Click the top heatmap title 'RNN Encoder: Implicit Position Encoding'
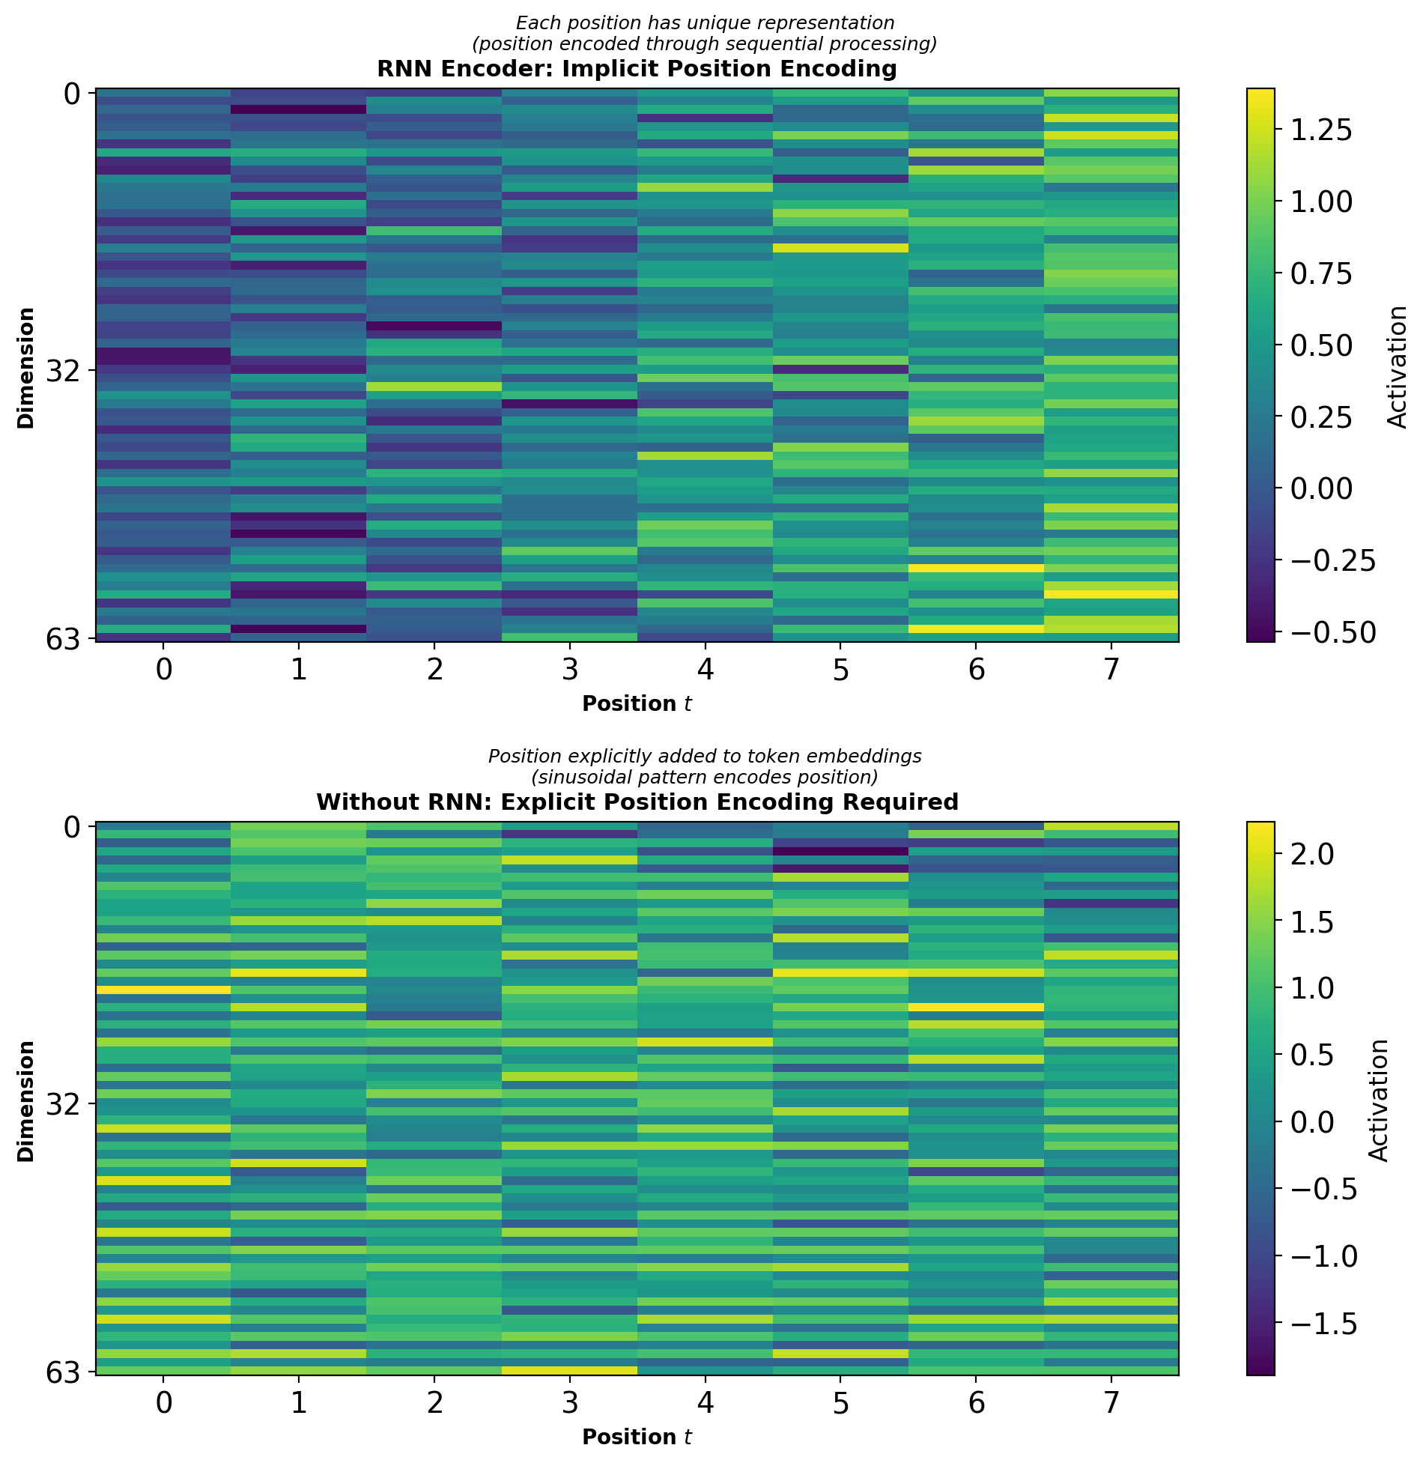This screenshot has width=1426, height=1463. point(637,69)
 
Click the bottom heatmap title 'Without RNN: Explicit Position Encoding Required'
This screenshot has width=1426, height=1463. point(637,802)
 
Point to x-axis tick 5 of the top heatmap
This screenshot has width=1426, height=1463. point(840,670)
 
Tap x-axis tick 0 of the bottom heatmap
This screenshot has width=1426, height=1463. point(163,1402)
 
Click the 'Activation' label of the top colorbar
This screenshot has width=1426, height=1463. point(1397,367)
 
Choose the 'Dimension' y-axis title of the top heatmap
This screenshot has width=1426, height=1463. point(27,367)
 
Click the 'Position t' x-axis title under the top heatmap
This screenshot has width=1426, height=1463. point(637,704)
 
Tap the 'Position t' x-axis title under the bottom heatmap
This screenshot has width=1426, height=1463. point(637,1437)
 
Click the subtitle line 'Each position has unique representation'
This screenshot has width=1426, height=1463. point(705,23)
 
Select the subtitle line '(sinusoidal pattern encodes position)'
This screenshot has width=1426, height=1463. point(705,776)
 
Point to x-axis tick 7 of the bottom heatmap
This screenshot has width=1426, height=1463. point(1111,1402)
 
